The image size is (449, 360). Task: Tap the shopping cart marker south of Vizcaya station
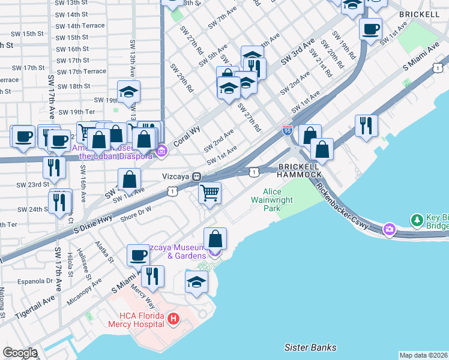coord(209,193)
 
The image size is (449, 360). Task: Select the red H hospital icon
coord(173,317)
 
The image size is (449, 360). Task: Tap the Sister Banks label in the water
coord(310,347)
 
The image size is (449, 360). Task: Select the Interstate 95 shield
coord(288,130)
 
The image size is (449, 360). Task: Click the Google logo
coord(19,353)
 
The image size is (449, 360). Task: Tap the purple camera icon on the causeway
coord(390,229)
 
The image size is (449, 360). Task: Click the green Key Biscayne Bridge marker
coord(416,221)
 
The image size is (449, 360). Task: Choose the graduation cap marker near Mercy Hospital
coord(196,282)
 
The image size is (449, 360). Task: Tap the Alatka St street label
coord(103,253)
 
